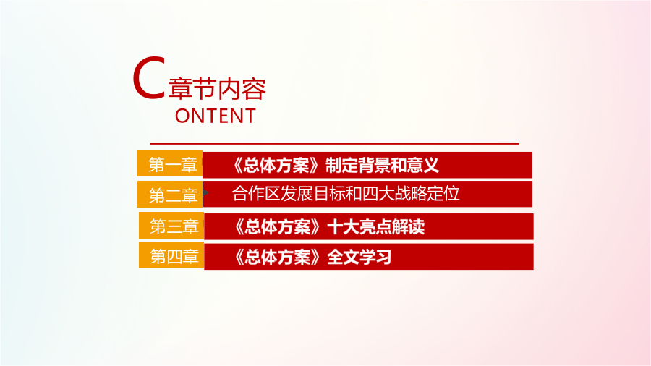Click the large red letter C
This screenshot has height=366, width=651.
pos(147,78)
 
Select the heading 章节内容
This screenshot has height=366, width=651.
pos(217,88)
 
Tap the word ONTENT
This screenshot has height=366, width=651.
pos(215,116)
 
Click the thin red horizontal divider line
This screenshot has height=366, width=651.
pos(335,143)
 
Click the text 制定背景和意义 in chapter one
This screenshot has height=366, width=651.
pos(382,165)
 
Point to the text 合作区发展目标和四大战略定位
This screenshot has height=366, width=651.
pos(346,194)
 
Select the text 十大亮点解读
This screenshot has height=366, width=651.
pos(376,226)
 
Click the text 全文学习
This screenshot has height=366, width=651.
pos(359,257)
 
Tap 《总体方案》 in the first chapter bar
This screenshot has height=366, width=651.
pos(276,165)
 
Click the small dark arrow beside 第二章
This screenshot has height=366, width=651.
pos(205,192)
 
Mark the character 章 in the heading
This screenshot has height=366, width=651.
pos(180,88)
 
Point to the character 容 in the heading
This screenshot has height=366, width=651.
pos(254,88)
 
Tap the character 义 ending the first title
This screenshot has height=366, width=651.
pos(431,165)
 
